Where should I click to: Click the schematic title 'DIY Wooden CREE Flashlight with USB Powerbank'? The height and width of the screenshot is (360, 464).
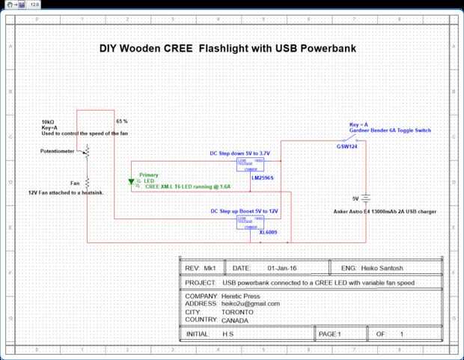(x=227, y=50)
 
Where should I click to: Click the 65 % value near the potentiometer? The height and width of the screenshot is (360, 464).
(x=122, y=120)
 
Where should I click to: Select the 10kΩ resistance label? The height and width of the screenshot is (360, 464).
(x=48, y=121)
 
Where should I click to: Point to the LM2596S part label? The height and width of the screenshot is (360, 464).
(x=262, y=178)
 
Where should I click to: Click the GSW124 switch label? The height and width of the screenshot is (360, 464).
(x=347, y=146)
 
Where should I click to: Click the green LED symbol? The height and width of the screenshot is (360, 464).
(x=132, y=181)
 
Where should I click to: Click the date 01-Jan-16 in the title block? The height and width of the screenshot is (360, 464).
(x=281, y=267)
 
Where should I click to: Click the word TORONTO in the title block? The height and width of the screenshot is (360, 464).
(x=237, y=312)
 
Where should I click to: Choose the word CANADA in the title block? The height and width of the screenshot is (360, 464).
(x=236, y=320)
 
